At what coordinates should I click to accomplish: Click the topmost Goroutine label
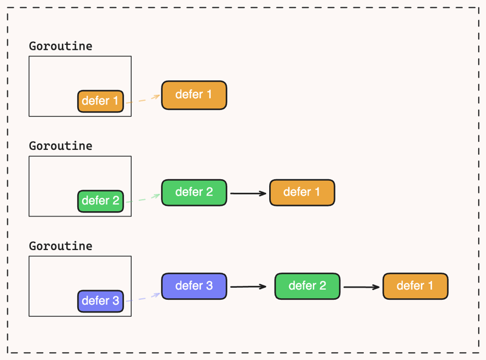coord(60,46)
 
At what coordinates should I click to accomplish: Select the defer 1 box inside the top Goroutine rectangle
coord(100,101)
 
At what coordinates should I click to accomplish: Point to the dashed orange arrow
coord(143,99)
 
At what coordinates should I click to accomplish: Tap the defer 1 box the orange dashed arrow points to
coord(194,95)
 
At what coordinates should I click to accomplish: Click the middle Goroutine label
coord(60,146)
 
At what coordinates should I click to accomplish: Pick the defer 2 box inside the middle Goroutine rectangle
coord(100,201)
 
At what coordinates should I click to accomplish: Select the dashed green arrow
coord(143,199)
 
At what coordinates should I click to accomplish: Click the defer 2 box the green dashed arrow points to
coord(194,192)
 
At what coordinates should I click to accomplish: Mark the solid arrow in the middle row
coord(248,193)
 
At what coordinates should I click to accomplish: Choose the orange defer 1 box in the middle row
coord(302,192)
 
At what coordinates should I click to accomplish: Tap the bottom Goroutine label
coord(60,246)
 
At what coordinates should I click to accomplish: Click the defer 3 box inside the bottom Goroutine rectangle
coord(100,301)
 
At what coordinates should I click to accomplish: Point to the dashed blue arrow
coord(143,297)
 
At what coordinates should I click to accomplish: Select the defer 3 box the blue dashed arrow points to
coord(194,286)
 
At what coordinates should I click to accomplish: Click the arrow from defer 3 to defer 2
coord(248,287)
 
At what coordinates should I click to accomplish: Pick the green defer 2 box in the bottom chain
coord(307,286)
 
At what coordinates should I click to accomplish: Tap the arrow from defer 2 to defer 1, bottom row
coord(361,287)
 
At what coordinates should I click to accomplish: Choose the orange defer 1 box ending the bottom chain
coord(416,286)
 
